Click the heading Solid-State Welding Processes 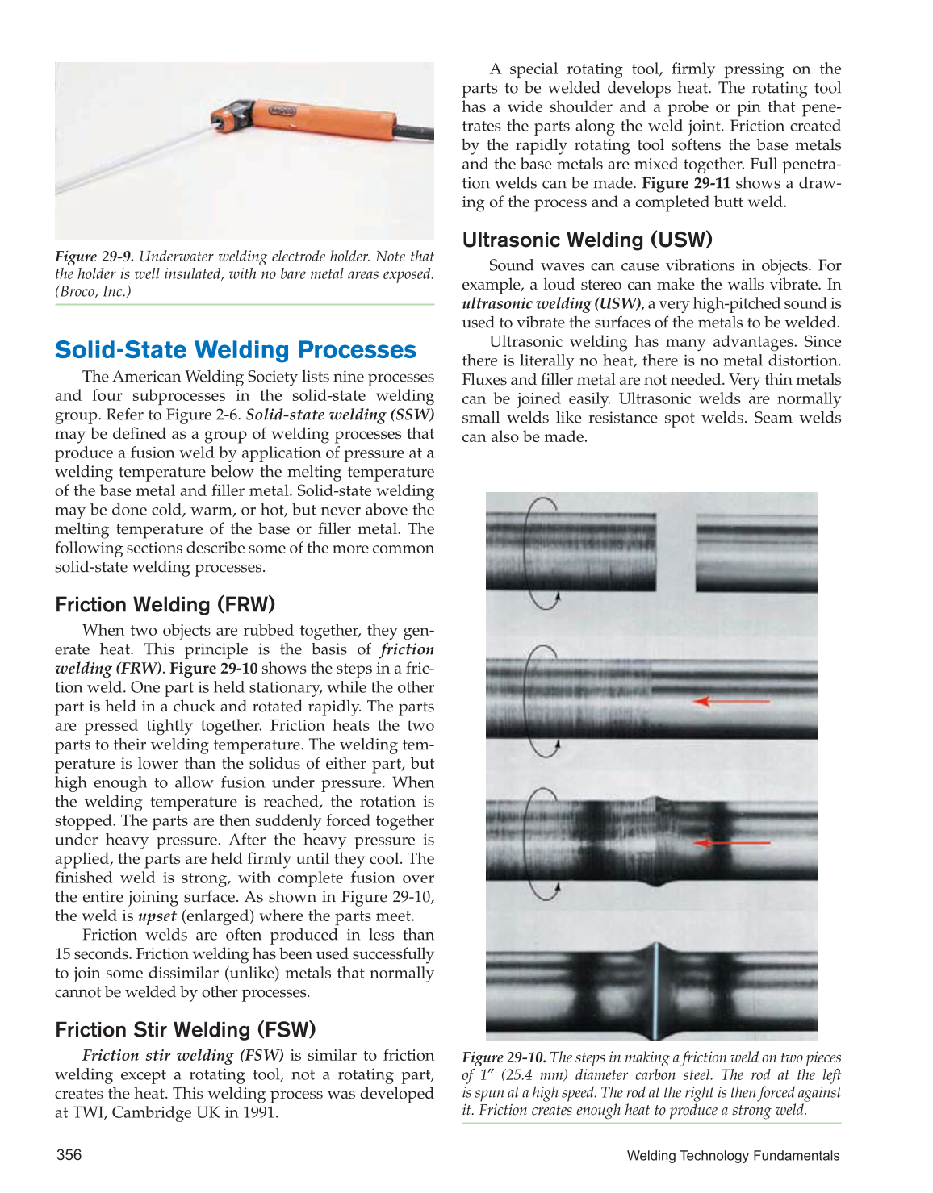click(235, 350)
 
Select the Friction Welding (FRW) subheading click(165, 605)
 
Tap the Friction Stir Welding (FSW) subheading click(185, 1030)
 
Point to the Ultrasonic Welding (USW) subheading click(587, 240)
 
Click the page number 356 click(69, 1155)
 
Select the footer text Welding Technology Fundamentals click(732, 1156)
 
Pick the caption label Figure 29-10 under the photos click(504, 1057)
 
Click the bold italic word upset click(157, 916)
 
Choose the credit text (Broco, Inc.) click(93, 292)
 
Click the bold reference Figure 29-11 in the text click(685, 184)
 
